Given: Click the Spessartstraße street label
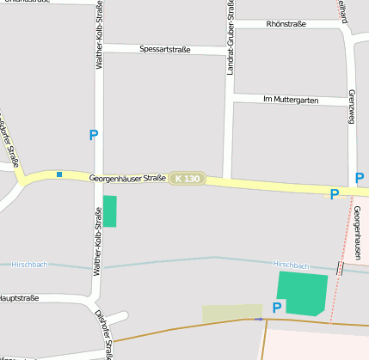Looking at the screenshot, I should (164, 50).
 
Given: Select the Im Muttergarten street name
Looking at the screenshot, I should (291, 101).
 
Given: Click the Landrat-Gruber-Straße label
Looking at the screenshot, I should (231, 39).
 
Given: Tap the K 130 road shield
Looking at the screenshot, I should (187, 179).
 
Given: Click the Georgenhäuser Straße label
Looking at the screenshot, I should (127, 178).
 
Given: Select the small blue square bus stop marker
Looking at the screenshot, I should (59, 174).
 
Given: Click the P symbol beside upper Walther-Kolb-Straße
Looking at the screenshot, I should (94, 135).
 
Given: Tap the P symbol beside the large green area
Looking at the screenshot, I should (277, 308).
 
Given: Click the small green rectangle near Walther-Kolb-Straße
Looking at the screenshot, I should (110, 211).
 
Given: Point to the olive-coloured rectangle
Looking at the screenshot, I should (232, 314).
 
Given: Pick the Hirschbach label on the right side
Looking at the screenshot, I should (290, 265).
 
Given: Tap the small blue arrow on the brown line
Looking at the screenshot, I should (260, 320).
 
